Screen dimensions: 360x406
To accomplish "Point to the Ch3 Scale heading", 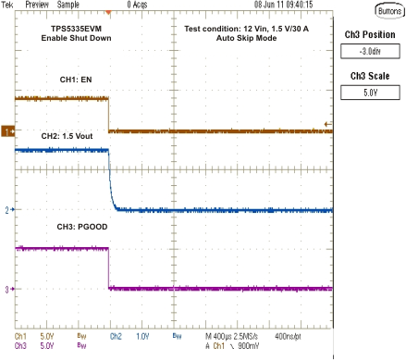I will (372, 75).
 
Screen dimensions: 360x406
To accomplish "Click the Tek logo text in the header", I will (8, 5).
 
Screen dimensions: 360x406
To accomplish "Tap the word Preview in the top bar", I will (37, 5).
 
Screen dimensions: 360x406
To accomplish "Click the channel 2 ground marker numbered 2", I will (6, 210).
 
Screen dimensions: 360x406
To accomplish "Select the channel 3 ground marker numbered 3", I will (6, 289).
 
